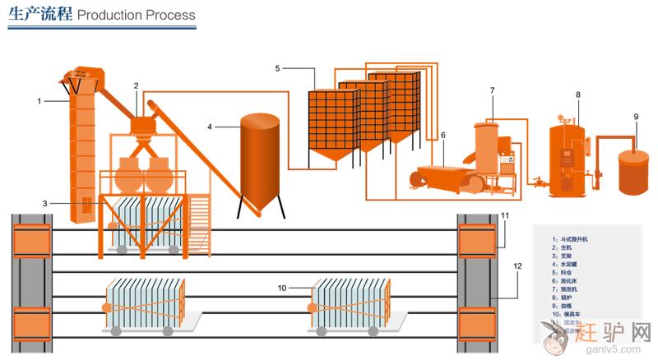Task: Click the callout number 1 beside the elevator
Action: [39, 101]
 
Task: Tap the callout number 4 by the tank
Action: [210, 127]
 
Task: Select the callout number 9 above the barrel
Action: [636, 117]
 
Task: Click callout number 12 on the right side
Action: [517, 265]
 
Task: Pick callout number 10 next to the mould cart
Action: [281, 288]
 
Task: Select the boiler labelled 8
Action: [568, 160]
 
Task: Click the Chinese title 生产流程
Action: [40, 14]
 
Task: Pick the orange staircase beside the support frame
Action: [199, 215]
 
